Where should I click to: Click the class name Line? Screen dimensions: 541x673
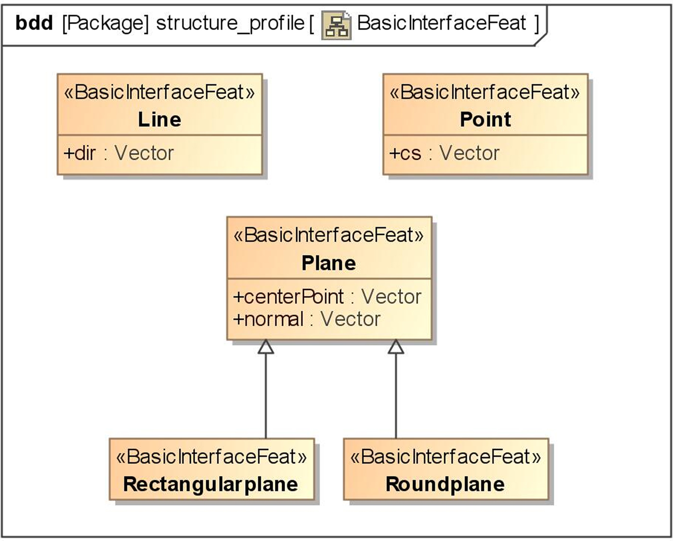pyautogui.click(x=159, y=120)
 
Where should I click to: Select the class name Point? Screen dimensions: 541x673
pyautogui.click(x=485, y=120)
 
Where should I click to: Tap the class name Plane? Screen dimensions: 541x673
pyautogui.click(x=329, y=263)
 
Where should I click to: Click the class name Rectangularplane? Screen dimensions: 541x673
pyautogui.click(x=211, y=484)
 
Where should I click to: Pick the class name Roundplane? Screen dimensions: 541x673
pyautogui.click(x=445, y=484)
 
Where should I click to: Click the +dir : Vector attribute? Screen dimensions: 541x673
pyautogui.click(x=118, y=153)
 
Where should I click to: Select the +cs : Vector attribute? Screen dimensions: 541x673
pyautogui.click(x=444, y=153)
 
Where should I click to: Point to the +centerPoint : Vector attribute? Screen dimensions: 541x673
pyautogui.click(x=327, y=297)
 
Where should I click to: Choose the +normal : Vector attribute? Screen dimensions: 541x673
pyautogui.click(x=307, y=319)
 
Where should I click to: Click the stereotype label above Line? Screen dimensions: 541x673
pyautogui.click(x=159, y=92)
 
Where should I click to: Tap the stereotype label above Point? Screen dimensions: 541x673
pyautogui.click(x=485, y=92)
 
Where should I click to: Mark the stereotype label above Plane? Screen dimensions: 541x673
pyautogui.click(x=329, y=235)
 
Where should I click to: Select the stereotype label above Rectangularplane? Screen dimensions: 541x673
pyautogui.click(x=211, y=456)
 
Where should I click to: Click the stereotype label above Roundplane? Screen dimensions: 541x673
pyautogui.click(x=446, y=456)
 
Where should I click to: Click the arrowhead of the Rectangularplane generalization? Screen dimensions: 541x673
pyautogui.click(x=266, y=347)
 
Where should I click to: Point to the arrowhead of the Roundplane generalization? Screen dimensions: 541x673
pyautogui.click(x=396, y=347)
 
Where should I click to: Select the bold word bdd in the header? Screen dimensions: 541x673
pyautogui.click(x=34, y=23)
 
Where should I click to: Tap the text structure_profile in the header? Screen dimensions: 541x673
pyautogui.click(x=230, y=23)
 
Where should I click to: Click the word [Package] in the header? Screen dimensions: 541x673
pyautogui.click(x=106, y=23)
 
